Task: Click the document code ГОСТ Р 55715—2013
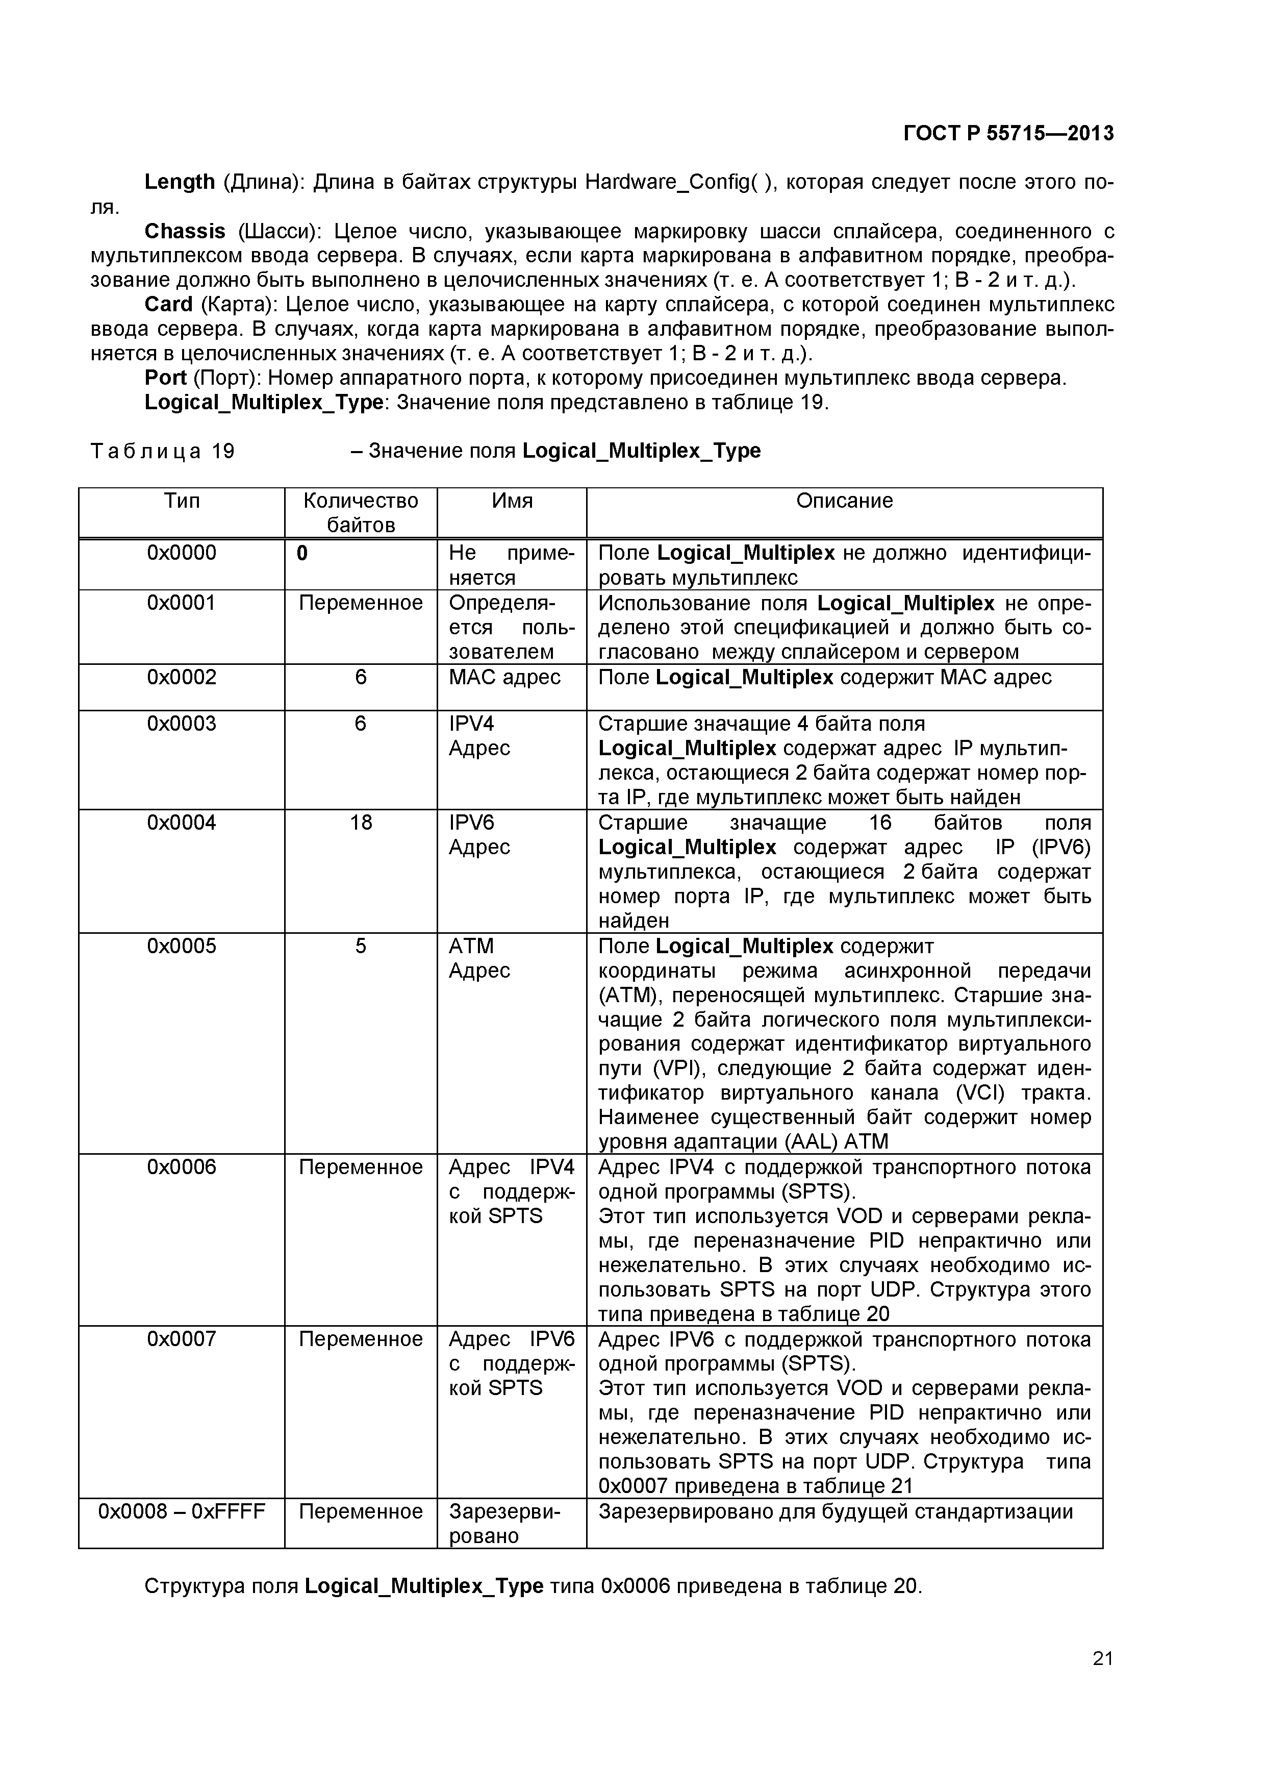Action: click(1008, 133)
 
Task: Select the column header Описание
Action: click(844, 501)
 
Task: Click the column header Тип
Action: click(181, 501)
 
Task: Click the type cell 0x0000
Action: click(181, 553)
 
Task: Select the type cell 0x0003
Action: click(181, 724)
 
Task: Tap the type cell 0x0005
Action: click(181, 946)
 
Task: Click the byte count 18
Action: click(360, 823)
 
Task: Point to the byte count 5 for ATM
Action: click(360, 946)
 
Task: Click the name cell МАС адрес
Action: click(504, 677)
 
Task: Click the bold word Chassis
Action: click(185, 232)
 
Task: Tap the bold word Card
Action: click(168, 304)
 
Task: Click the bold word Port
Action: click(165, 378)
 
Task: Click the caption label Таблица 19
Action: click(162, 452)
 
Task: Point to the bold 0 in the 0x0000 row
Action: click(302, 553)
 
